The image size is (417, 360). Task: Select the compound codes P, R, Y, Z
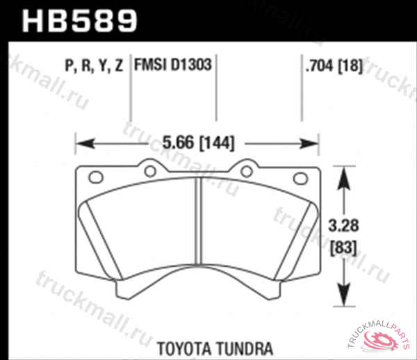pyautogui.click(x=94, y=67)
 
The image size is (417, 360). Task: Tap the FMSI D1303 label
pyautogui.click(x=172, y=67)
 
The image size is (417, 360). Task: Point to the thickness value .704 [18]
pyautogui.click(x=333, y=67)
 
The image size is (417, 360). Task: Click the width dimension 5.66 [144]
pyautogui.click(x=197, y=143)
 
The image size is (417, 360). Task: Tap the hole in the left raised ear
pyautogui.click(x=149, y=169)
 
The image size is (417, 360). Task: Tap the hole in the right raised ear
pyautogui.click(x=246, y=169)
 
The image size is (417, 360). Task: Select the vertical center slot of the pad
pyautogui.click(x=199, y=222)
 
